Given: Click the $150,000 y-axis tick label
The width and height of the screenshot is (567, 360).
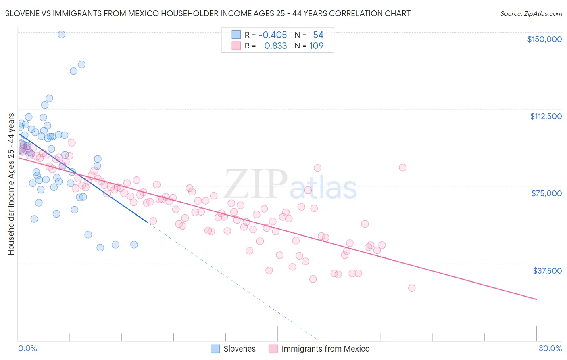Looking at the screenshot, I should point(544,39).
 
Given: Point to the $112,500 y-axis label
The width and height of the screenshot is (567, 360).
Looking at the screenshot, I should point(546,116).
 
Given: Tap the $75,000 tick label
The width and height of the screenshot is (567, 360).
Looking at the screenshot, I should point(546,193).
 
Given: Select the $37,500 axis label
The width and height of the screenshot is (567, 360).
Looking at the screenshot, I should point(547,271).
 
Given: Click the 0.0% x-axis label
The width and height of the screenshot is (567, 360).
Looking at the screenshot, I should point(28,349).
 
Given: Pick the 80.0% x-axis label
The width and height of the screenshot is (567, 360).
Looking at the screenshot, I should point(550,349).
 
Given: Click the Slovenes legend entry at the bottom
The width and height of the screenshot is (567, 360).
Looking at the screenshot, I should point(240,349).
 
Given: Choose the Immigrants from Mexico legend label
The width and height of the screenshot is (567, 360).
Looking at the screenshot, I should point(325,349).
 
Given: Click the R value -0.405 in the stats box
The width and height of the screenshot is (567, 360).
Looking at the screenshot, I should point(273,35).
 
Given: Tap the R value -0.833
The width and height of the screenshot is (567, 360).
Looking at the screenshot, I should point(273,46).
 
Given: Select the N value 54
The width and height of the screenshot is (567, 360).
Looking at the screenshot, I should point(318,35).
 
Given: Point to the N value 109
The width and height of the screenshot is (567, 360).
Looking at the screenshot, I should point(316,46).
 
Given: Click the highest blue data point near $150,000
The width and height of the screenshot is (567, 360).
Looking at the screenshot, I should point(61,34).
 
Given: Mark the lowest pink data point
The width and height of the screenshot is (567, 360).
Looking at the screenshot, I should point(412,288).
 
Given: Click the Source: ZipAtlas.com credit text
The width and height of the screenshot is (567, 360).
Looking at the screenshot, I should point(531,14).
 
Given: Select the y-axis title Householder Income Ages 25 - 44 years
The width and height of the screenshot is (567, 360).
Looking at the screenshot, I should point(11,184).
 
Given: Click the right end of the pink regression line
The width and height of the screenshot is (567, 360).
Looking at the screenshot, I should point(536,299).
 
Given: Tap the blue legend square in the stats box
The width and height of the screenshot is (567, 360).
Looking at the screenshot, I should point(236,35).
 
